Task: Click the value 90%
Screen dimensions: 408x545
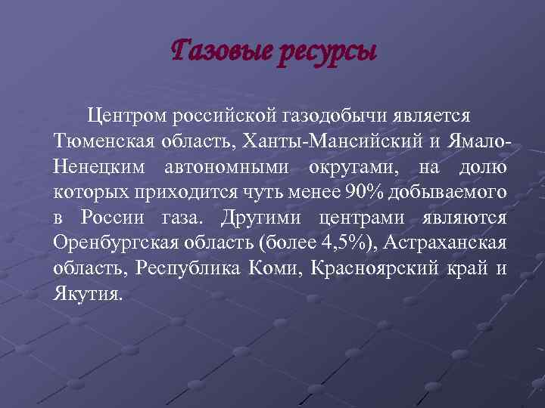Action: click(365, 193)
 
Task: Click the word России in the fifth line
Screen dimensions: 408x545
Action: click(113, 218)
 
